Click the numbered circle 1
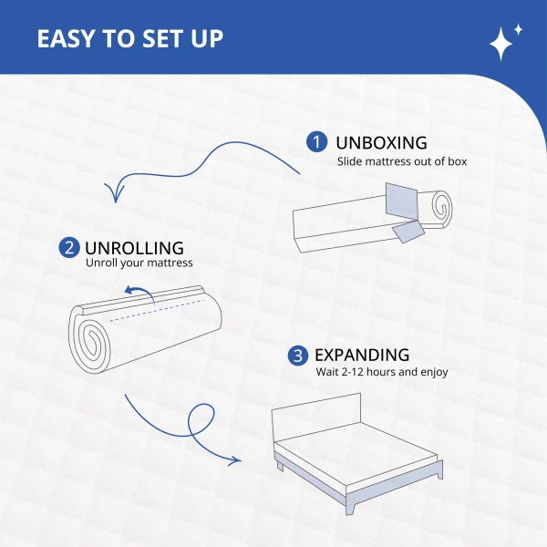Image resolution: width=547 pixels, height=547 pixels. [x=316, y=142]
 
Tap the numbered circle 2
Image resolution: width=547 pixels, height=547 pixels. [x=69, y=248]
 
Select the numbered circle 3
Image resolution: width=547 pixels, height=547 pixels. [x=298, y=356]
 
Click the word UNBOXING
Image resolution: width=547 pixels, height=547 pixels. [x=381, y=143]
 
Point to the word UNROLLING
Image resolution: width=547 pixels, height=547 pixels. [x=134, y=248]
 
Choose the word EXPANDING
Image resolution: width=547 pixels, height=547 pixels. [x=362, y=356]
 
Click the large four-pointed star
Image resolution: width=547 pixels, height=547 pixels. [x=501, y=44]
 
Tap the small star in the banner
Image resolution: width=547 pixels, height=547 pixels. [x=518, y=30]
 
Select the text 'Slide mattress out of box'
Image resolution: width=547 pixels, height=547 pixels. [x=402, y=161]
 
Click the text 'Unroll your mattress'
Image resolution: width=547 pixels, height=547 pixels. [x=139, y=263]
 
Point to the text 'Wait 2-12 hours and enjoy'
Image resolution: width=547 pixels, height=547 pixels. [x=382, y=372]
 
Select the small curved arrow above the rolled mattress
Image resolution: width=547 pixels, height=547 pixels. [x=139, y=294]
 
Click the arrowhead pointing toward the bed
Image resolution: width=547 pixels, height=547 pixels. [x=234, y=460]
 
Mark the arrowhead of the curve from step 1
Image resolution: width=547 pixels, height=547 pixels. [x=115, y=192]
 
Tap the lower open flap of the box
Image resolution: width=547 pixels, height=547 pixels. [x=408, y=232]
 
